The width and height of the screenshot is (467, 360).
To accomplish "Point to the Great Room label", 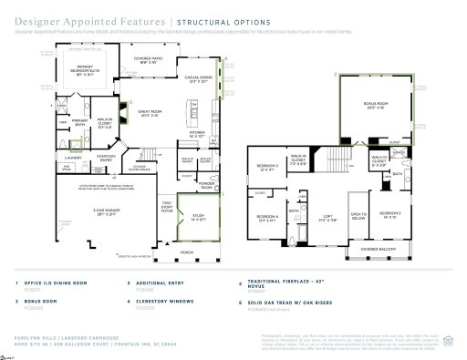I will click(148, 114).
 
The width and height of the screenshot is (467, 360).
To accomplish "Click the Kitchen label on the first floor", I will click(197, 133).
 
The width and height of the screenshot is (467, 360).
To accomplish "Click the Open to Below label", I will click(358, 217).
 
